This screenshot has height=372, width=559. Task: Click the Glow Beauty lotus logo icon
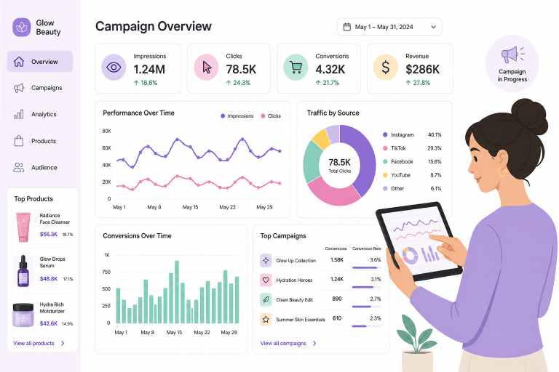click(21, 27)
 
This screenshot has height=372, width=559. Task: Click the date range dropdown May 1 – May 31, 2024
click(389, 27)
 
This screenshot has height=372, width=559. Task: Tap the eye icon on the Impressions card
click(114, 68)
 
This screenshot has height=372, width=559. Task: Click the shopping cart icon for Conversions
click(296, 68)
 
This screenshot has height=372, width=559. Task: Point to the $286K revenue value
click(422, 70)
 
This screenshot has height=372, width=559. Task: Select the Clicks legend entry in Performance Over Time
click(271, 116)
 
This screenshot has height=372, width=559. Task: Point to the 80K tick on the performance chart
click(106, 131)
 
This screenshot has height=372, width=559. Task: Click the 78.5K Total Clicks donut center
click(339, 165)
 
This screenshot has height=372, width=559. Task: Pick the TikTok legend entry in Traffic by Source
click(395, 148)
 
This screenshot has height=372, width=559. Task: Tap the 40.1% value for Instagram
click(435, 135)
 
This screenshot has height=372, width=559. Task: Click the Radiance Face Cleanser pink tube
click(23, 227)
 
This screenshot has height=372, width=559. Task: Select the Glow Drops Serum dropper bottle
click(23, 271)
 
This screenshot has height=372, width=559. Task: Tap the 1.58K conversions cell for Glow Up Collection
click(337, 260)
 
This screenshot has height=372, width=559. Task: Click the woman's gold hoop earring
click(502, 172)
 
